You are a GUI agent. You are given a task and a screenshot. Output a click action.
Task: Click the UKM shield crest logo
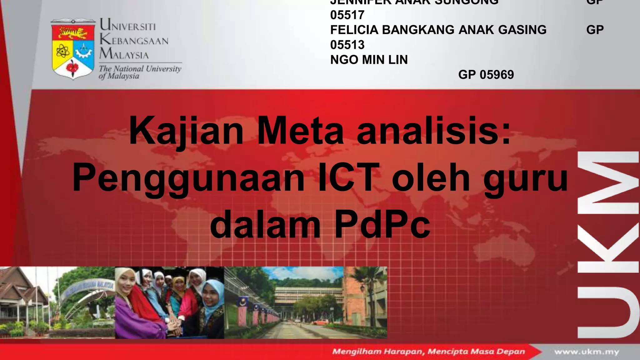[73, 48]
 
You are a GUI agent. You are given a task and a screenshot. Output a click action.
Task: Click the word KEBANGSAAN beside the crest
[134, 40]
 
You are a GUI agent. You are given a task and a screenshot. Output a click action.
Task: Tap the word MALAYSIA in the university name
[124, 54]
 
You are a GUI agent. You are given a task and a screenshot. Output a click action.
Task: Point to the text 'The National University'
[140, 68]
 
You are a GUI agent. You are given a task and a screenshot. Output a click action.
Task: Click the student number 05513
[347, 45]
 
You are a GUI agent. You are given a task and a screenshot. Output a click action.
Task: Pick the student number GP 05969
[486, 75]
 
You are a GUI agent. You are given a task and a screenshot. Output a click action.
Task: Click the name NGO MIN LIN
[369, 60]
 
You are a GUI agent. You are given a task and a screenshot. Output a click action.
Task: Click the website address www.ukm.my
[587, 352]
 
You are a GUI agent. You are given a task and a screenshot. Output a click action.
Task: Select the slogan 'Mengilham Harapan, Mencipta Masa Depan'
[428, 352]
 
